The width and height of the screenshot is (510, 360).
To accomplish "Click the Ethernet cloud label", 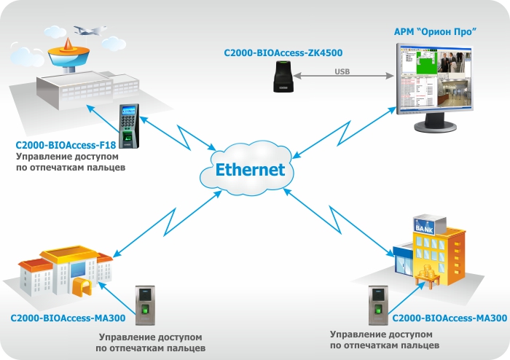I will (x=250, y=170).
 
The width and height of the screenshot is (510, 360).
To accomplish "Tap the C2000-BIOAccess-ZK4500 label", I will (x=284, y=52).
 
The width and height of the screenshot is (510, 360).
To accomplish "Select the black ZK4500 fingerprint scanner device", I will (x=283, y=77).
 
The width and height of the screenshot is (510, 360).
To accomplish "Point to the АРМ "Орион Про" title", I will (x=434, y=32).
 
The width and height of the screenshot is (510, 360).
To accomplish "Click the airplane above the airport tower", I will (x=88, y=31).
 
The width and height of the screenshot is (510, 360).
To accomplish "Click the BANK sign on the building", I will (x=423, y=227).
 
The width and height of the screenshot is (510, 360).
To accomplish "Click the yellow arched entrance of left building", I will (x=81, y=285).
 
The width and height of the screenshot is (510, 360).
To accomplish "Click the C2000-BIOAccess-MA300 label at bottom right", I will (x=449, y=318).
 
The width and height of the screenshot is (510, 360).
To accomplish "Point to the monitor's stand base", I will (x=439, y=128).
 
